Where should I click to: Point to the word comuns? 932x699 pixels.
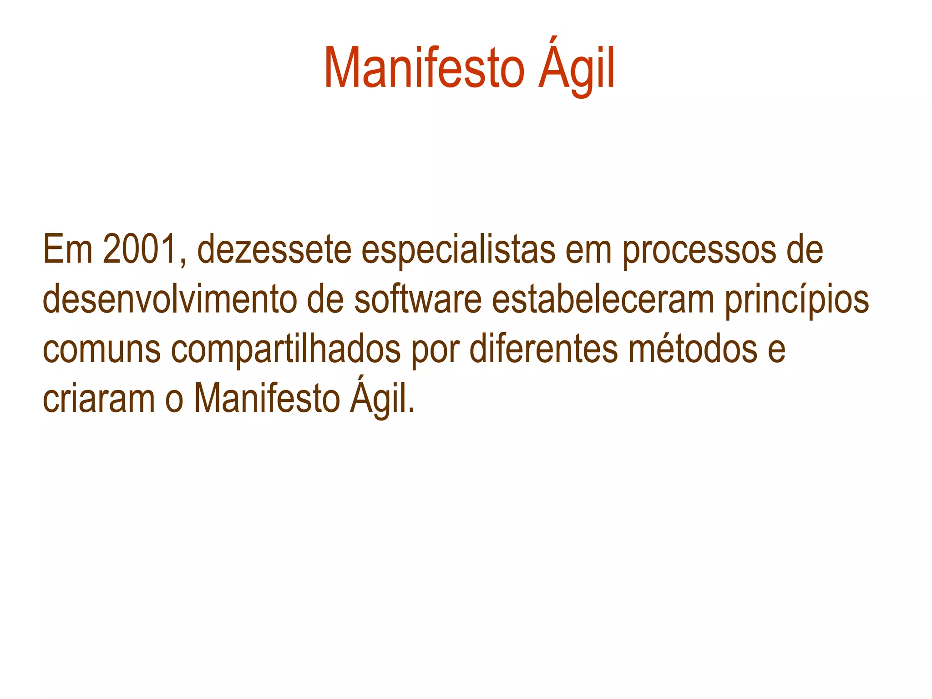point(101,350)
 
